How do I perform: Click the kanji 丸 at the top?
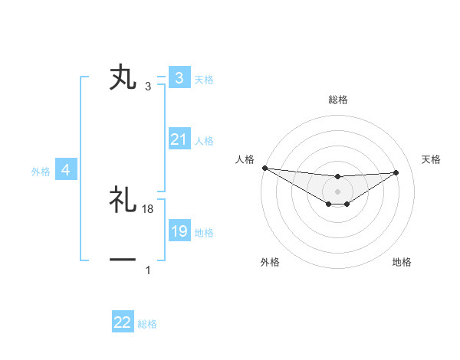click(x=123, y=78)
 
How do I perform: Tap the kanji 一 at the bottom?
click(x=123, y=260)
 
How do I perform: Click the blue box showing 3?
click(x=179, y=78)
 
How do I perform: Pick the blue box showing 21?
click(x=179, y=139)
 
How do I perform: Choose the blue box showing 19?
click(x=179, y=231)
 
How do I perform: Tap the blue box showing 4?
click(x=65, y=170)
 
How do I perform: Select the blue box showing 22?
click(x=123, y=322)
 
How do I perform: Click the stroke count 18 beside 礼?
click(x=148, y=208)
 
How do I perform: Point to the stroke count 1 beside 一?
click(x=148, y=270)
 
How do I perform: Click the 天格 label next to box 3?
click(x=204, y=79)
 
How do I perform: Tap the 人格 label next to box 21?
click(x=204, y=141)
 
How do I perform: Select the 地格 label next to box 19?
click(x=204, y=233)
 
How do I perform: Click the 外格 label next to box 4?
click(x=41, y=172)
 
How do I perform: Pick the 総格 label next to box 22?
click(x=147, y=324)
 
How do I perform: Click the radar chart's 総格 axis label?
click(x=338, y=100)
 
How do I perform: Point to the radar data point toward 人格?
click(x=264, y=168)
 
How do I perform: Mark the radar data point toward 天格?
click(x=396, y=172)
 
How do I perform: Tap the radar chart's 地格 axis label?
click(x=402, y=263)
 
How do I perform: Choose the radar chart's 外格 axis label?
click(x=270, y=263)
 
